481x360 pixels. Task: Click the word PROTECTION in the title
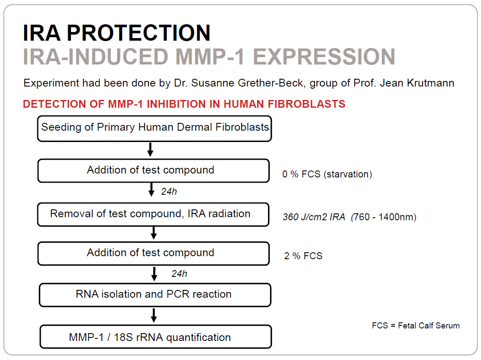pos(139,33)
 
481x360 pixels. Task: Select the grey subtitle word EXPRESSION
pos(324,57)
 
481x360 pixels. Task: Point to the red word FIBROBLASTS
pos(307,104)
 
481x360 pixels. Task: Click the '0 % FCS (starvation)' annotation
pos(327,174)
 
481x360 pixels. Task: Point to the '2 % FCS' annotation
pos(303,256)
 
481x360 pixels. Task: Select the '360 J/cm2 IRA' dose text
pos(314,217)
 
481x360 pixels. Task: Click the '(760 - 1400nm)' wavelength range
pos(384,217)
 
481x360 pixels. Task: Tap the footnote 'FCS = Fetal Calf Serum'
pos(416,326)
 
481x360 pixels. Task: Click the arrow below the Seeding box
pos(150,150)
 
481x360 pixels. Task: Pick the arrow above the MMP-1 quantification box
pos(154,315)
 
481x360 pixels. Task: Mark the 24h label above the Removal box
pos(169,192)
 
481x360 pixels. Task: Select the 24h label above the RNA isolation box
pos(179,273)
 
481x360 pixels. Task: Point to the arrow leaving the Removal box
pos(154,233)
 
